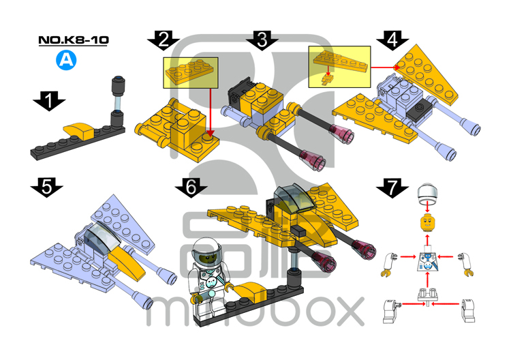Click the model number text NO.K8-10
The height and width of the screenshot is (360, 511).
pos(74,40)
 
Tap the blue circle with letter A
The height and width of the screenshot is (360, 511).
pos(66,60)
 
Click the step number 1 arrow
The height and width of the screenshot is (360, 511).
pos(48,102)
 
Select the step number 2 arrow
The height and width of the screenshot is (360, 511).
pos(163,40)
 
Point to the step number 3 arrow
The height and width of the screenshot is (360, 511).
pos(262,40)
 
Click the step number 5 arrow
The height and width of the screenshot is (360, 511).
pos(47,187)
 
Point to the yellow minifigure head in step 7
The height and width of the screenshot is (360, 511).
pos(426,222)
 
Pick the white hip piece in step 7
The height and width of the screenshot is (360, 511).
pos(427,294)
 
